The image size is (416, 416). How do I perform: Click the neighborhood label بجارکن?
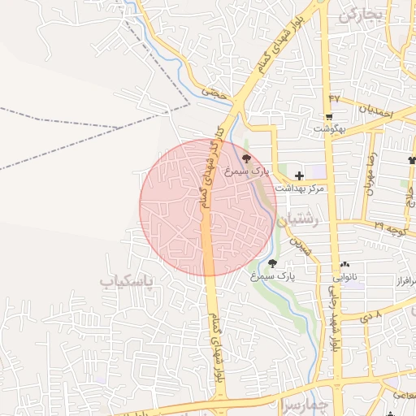pos(361,15)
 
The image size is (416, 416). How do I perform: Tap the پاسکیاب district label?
pos(130,282)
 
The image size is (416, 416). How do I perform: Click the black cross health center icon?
pos(300,175)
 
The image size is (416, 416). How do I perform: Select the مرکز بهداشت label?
pos(300,188)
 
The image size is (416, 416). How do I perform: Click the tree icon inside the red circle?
pos(247,159)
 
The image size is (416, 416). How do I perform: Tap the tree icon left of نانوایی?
pos(272,263)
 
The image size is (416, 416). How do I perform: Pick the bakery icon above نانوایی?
pos(346,264)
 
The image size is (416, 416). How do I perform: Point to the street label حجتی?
pos(213,94)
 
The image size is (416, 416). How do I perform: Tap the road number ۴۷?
pos(334,97)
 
